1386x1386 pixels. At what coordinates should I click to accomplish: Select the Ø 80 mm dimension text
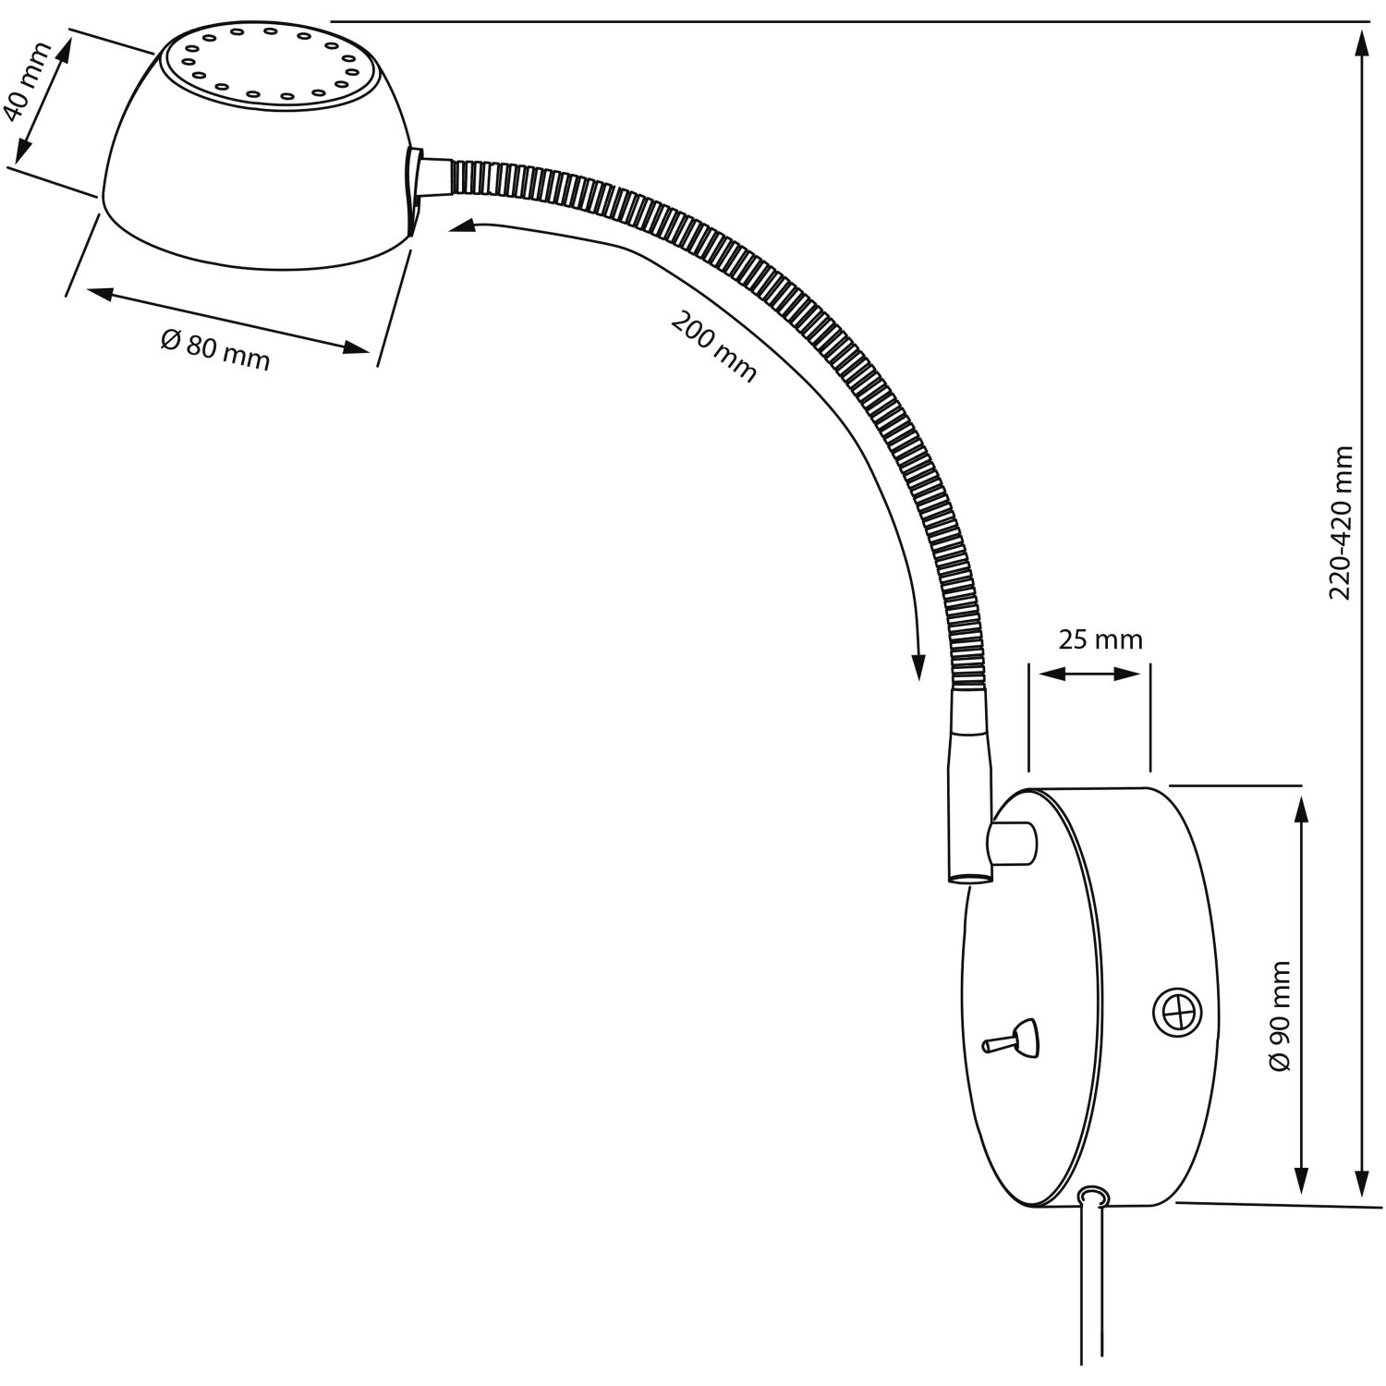pyautogui.click(x=215, y=350)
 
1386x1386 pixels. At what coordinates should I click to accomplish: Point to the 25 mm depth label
pyautogui.click(x=1100, y=639)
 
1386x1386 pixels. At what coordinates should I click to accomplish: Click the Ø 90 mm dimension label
pyautogui.click(x=1279, y=1015)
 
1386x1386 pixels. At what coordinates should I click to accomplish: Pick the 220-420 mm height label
pyautogui.click(x=1341, y=522)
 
